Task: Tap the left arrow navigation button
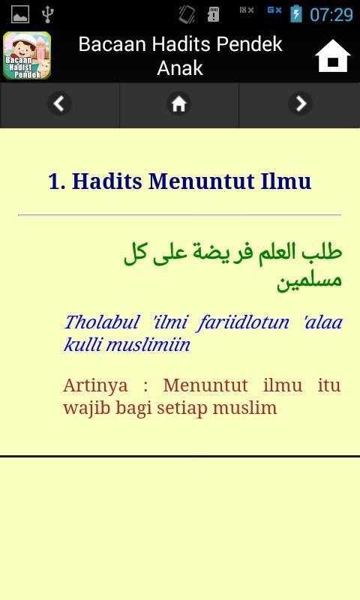(59, 103)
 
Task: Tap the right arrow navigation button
(300, 103)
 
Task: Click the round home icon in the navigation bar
(179, 103)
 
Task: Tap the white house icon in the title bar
(333, 55)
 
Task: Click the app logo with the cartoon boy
(27, 55)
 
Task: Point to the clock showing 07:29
(331, 15)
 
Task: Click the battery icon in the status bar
(296, 13)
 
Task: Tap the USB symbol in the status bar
(48, 14)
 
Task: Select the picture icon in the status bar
(20, 14)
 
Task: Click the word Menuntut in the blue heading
(202, 181)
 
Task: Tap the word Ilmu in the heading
(286, 181)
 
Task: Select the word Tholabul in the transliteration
(102, 322)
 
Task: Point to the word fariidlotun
(243, 322)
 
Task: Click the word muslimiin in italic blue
(148, 344)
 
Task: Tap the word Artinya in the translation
(95, 385)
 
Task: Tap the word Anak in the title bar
(180, 68)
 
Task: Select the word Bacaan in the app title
(112, 44)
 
